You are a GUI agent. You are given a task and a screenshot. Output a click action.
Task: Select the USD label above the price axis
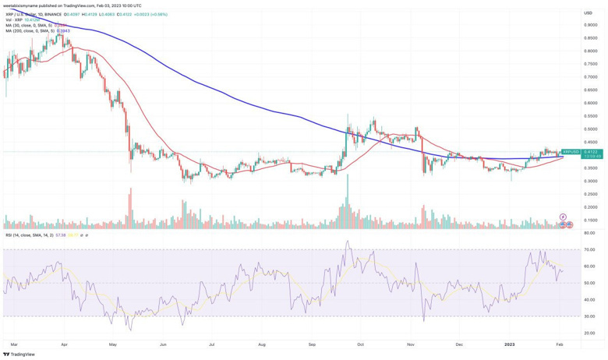(x=589, y=12)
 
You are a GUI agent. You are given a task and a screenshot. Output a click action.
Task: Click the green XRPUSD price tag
(x=571, y=152)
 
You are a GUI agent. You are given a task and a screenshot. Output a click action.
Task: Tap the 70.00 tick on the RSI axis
(x=589, y=249)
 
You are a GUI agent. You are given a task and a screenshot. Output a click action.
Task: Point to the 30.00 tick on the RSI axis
(x=589, y=316)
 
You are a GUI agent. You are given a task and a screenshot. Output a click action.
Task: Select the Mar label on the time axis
(x=13, y=343)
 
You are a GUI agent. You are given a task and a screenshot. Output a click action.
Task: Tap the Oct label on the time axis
(x=360, y=343)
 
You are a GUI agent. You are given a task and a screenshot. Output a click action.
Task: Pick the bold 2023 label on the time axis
(x=508, y=343)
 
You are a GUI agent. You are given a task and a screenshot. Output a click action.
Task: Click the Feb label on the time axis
(x=560, y=343)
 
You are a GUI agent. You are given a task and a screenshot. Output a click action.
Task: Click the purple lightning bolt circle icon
(x=563, y=217)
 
